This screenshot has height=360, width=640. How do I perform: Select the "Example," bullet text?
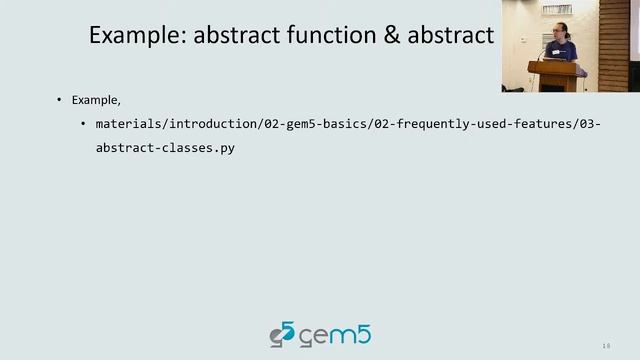tap(96, 100)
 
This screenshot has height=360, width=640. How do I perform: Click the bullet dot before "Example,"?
tap(58, 100)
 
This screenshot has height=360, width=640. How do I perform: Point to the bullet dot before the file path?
tap(83, 124)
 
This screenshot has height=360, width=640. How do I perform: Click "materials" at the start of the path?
tap(126, 124)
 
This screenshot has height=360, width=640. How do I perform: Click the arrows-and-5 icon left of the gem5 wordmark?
tap(282, 335)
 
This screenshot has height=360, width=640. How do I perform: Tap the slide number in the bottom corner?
tap(606, 346)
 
